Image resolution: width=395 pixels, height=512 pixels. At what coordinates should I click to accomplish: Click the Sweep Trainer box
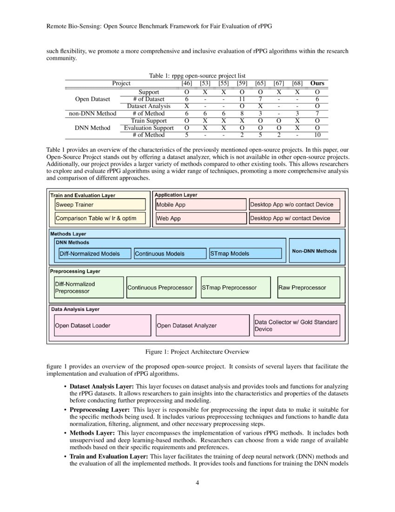point(100,204)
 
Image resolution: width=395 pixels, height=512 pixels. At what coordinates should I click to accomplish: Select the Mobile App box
point(200,204)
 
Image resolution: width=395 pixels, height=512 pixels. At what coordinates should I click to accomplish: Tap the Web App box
point(200,218)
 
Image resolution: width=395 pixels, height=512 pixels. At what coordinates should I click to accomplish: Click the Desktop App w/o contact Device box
point(294,204)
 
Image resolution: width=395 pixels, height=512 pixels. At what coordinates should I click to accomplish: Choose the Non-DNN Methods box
point(315,251)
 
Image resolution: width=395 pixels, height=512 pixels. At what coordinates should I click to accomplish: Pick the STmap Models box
point(245,254)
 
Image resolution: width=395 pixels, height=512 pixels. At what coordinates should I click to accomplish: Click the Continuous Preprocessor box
point(160,288)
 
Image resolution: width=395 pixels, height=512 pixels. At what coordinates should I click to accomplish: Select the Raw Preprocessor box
point(309,288)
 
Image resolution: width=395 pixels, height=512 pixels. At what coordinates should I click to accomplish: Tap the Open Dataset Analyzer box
point(203,325)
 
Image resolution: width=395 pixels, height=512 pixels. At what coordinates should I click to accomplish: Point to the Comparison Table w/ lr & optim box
point(100,218)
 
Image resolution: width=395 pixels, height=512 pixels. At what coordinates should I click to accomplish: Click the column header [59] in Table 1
point(242,83)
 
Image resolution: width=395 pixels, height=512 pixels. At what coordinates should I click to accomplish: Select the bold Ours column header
point(317,83)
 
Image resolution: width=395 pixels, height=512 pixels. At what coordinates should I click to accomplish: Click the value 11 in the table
point(242,99)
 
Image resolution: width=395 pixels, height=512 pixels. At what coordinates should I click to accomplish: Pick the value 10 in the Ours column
point(317,135)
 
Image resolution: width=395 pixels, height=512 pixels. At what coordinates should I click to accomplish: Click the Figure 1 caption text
point(197,351)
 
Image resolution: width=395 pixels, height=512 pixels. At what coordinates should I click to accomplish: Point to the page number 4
point(197,482)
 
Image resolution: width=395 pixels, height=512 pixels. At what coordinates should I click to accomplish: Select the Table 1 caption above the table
point(197,75)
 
